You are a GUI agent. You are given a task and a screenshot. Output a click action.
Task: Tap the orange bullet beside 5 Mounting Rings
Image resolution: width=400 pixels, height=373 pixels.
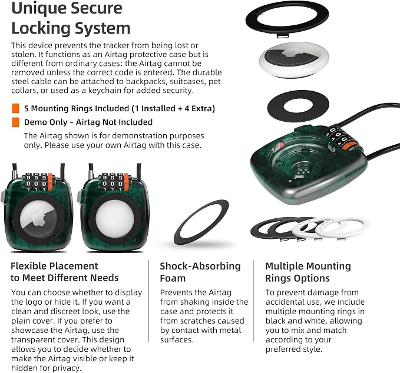click(15, 108)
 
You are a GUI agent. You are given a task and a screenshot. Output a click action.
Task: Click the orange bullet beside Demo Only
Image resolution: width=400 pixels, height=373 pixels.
click(15, 122)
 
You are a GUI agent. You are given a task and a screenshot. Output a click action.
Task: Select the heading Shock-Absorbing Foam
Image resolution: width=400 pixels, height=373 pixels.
click(200, 272)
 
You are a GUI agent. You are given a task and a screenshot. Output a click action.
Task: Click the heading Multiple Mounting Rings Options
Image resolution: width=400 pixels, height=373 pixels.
click(308, 272)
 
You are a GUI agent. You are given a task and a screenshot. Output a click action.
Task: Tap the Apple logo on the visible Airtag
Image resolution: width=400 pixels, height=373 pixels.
click(39, 219)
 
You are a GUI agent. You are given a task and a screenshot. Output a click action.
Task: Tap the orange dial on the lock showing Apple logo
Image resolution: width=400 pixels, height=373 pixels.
click(50, 182)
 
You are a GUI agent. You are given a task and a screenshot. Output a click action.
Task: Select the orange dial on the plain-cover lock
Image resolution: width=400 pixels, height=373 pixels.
click(126, 182)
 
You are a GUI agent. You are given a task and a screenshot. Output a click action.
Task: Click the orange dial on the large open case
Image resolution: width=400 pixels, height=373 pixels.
click(349, 146)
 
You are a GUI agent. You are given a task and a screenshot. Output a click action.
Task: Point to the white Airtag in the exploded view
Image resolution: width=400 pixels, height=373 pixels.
click(294, 59)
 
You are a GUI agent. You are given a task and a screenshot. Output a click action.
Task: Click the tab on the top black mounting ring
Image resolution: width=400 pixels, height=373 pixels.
click(282, 36)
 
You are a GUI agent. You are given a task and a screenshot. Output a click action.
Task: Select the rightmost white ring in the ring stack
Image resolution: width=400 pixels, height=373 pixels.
click(343, 228)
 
